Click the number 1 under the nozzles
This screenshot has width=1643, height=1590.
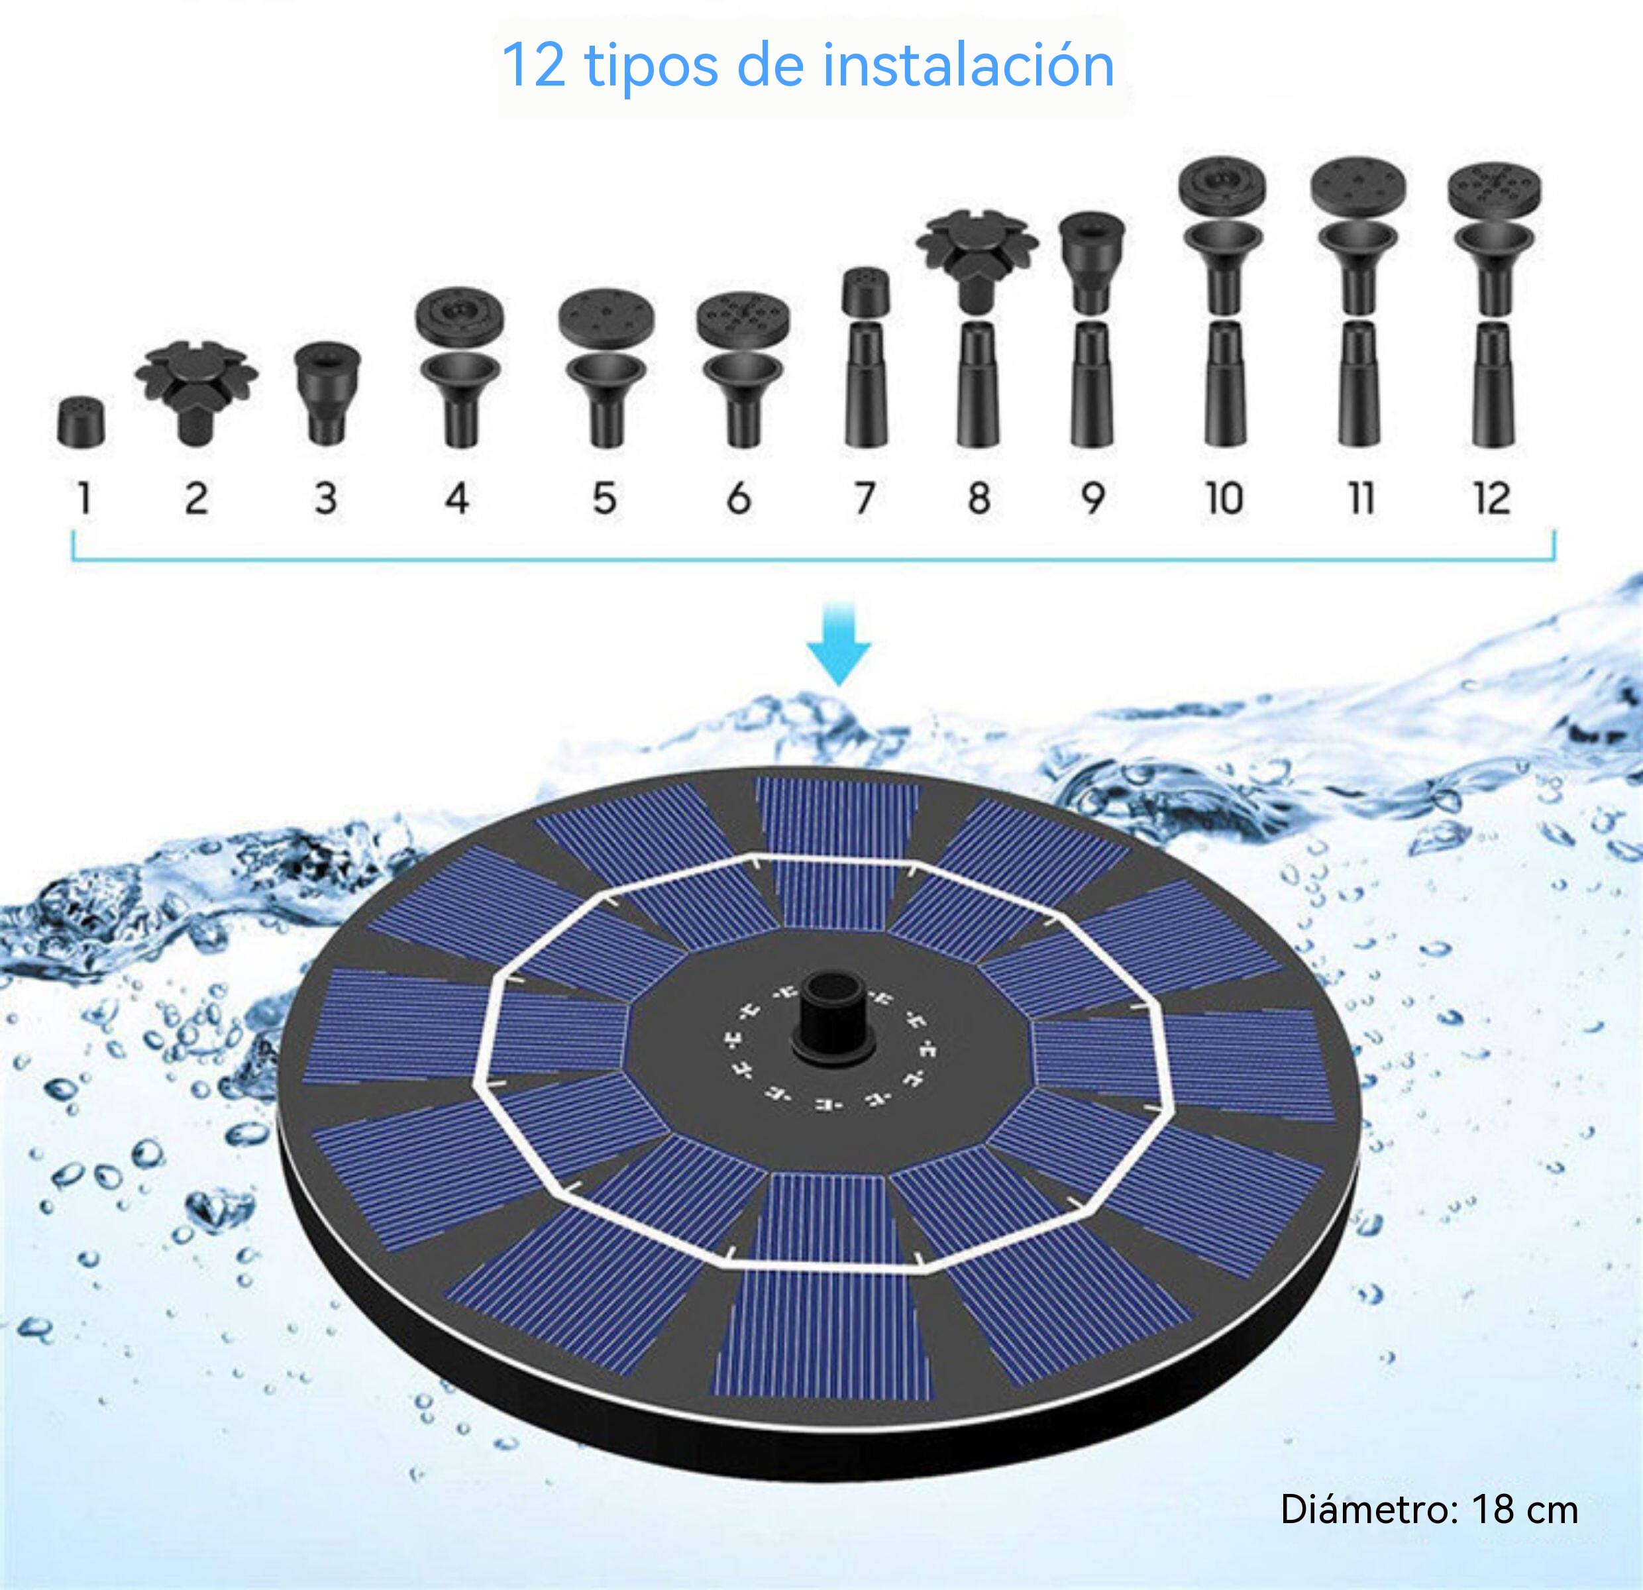pyautogui.click(x=84, y=498)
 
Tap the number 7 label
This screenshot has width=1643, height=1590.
pyautogui.click(x=865, y=498)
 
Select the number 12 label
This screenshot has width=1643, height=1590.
pyautogui.click(x=1492, y=498)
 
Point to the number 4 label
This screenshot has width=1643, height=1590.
pyautogui.click(x=457, y=498)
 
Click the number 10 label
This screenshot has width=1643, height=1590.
pyautogui.click(x=1224, y=498)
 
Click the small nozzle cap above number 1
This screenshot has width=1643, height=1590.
pyautogui.click(x=81, y=421)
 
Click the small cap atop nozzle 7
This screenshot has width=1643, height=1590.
pyautogui.click(x=866, y=291)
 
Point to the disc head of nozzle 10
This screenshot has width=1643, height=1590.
pyautogui.click(x=1222, y=185)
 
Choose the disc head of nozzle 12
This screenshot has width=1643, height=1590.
pyautogui.click(x=1494, y=191)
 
